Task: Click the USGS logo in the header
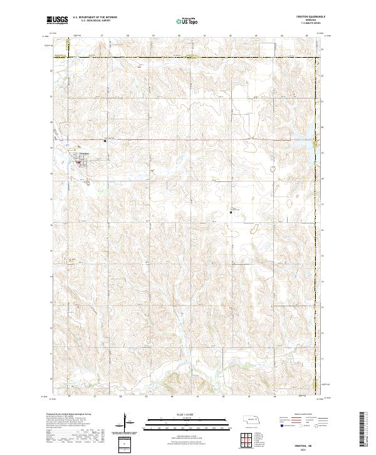click(58, 21)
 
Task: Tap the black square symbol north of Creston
click(105, 141)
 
